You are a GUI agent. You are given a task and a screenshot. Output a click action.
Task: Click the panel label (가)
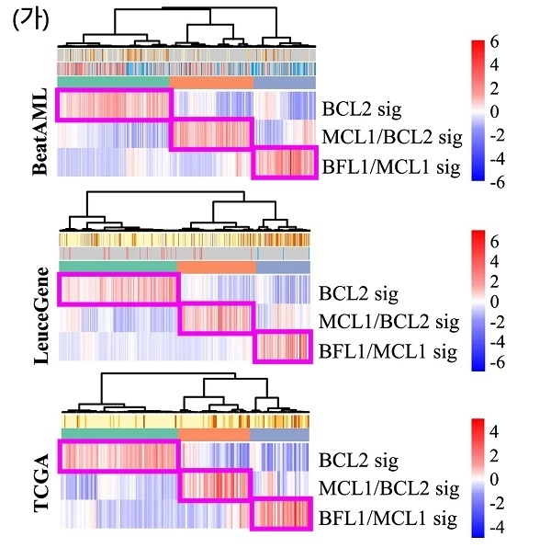pos(31,21)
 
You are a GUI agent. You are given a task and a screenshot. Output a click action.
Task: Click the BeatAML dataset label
pos(39,131)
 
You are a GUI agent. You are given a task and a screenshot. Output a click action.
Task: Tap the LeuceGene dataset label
pos(41,316)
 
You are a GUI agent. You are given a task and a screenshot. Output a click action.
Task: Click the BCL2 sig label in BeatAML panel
pos(362,109)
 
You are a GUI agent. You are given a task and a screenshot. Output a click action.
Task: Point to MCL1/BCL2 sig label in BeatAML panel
pos(392,137)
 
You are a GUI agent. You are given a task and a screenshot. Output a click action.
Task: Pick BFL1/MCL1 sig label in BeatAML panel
pos(391,166)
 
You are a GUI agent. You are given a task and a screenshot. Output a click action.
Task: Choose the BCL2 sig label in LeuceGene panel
pos(358,293)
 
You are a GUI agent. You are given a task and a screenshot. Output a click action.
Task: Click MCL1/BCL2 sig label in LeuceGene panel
pos(389,322)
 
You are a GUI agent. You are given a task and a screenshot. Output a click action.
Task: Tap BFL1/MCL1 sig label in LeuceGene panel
pos(388,351)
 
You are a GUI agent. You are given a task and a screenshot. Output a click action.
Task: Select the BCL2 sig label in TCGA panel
pos(358,461)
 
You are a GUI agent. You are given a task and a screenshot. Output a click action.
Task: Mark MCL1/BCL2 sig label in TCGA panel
pos(389,488)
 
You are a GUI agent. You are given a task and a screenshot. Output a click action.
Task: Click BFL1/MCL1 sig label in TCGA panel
pos(388,518)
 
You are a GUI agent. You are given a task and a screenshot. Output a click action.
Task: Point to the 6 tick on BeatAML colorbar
pos(494,42)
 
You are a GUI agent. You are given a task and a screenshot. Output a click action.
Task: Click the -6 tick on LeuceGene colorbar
pos(497,362)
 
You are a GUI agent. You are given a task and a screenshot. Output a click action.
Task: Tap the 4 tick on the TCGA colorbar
pos(494,431)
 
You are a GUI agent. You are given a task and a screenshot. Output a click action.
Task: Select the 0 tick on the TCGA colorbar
pos(494,479)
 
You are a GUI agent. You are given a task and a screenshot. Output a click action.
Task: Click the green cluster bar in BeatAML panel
pos(113,82)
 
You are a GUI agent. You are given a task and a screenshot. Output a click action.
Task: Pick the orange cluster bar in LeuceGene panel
pos(217,267)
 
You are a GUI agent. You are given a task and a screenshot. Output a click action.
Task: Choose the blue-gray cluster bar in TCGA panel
pos(280,435)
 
